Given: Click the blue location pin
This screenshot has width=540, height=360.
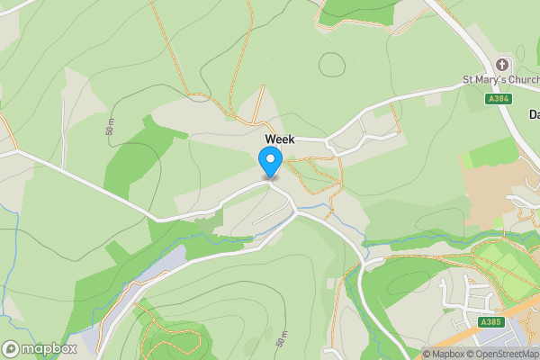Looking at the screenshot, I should (270, 162).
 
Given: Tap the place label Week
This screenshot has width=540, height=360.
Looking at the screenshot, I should (279, 139).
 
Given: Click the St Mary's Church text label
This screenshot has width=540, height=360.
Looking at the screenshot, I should (500, 80).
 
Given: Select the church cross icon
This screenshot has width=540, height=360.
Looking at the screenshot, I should (502, 65).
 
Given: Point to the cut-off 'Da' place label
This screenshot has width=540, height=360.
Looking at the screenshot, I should (533, 114).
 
